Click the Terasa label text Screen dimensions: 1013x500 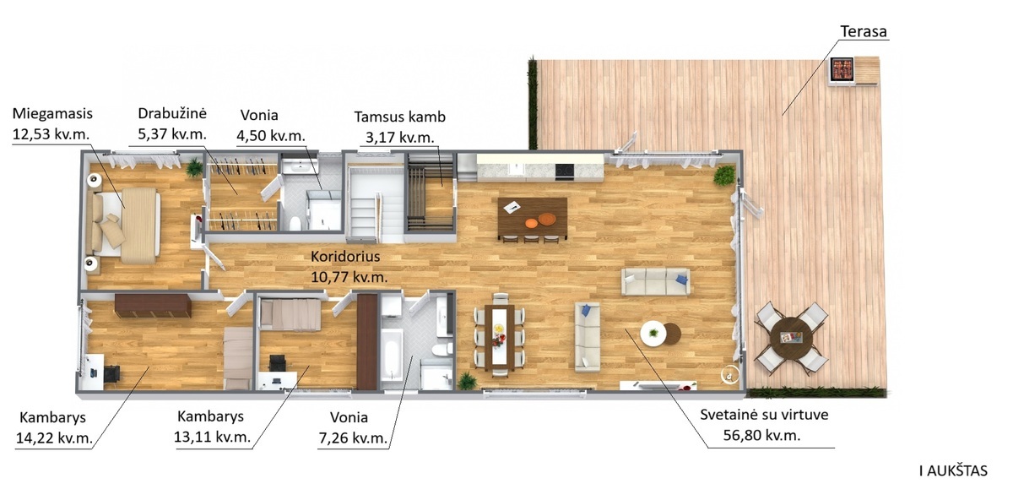click(x=864, y=32)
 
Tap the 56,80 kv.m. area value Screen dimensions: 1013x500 click(x=761, y=435)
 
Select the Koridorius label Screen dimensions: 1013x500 click(x=345, y=257)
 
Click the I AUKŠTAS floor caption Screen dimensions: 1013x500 click(x=953, y=471)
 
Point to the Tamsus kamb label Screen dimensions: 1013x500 click(x=400, y=117)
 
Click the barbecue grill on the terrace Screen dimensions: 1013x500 click(x=841, y=70)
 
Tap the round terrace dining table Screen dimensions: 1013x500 click(x=791, y=338)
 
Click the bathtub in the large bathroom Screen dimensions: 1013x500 click(x=392, y=355)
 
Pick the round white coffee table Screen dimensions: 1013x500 click(x=653, y=334)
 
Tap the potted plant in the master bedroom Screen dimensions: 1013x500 click(x=194, y=167)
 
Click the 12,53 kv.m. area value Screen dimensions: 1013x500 click(x=51, y=134)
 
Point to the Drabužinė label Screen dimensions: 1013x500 click(x=172, y=113)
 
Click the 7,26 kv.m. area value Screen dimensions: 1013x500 click(x=353, y=438)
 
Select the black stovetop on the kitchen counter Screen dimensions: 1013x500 click(x=565, y=171)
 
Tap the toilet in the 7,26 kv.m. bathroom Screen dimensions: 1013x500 click(x=441, y=350)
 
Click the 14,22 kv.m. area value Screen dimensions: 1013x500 click(x=54, y=438)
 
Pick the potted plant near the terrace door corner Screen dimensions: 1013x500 click(x=724, y=176)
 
